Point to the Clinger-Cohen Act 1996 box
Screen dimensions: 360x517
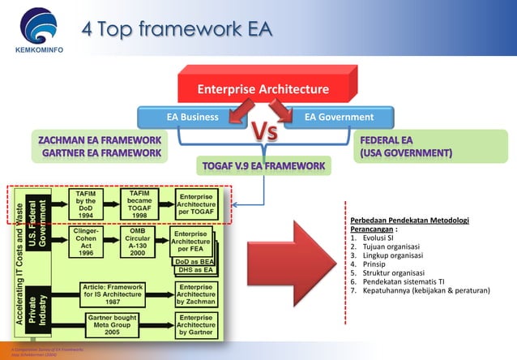[x=87, y=242]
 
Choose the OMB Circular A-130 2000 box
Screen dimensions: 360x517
[x=139, y=242]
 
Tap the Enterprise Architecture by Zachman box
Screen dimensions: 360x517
[x=196, y=294]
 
